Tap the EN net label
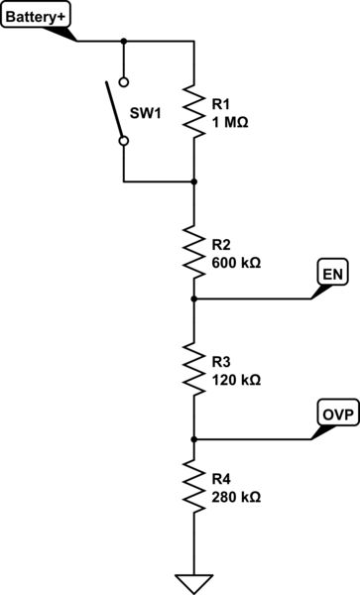point(330,273)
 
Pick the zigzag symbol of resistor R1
point(193,111)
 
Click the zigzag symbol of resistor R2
point(193,253)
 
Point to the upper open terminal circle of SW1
point(123,82)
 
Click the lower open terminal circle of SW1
point(123,141)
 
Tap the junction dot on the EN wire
point(193,297)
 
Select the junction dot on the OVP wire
point(193,438)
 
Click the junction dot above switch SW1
point(123,42)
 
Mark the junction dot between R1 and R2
point(193,181)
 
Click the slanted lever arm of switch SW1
point(113,111)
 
